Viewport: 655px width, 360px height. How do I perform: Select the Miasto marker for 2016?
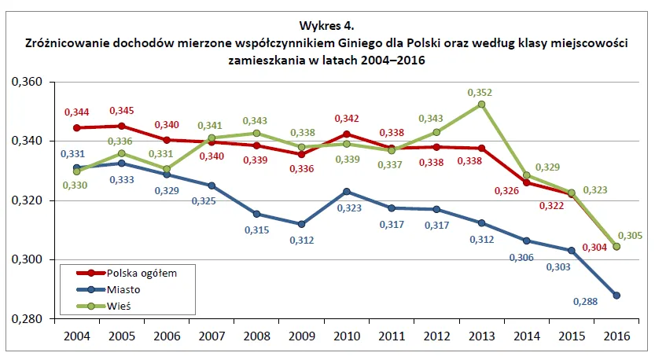(x=616, y=296)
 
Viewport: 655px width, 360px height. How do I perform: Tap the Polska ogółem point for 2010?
(x=347, y=134)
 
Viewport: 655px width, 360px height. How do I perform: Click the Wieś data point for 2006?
(x=166, y=168)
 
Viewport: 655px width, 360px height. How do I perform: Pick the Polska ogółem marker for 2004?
(x=76, y=127)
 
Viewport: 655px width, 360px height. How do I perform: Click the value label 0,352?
(x=480, y=92)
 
